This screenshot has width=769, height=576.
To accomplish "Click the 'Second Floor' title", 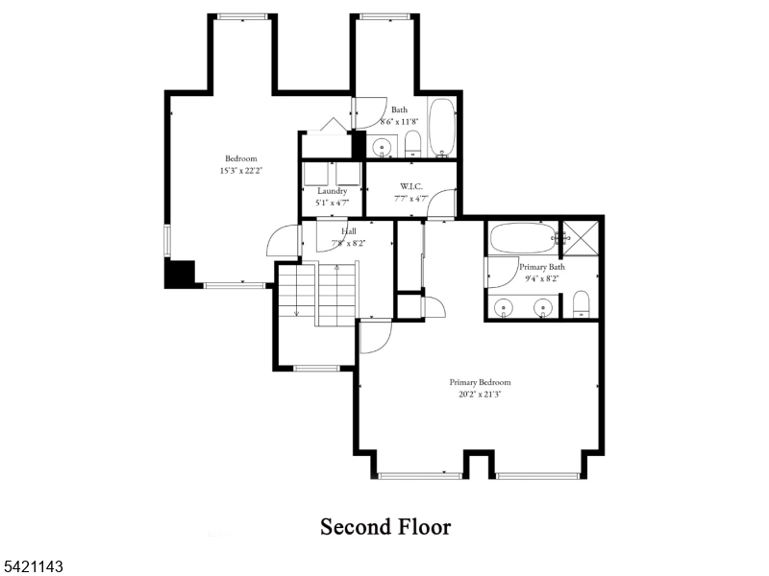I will point(384,527).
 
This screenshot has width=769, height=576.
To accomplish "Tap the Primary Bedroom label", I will point(480,382).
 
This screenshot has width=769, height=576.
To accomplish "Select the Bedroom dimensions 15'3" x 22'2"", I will point(240,170).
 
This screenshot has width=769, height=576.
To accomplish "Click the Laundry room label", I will point(332,191).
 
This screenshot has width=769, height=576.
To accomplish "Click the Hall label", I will point(347,231).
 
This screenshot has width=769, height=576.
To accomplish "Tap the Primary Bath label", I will point(541,266).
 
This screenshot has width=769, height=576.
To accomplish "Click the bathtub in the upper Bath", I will point(442,128).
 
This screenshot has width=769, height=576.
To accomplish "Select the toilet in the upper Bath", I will point(412,145).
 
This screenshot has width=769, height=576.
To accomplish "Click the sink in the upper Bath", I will point(382,148).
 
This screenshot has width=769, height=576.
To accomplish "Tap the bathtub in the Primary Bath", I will point(520,238).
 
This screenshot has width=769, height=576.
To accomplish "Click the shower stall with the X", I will point(581,236).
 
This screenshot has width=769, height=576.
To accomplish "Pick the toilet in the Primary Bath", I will point(581,304).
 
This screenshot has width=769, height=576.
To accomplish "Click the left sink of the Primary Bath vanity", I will point(506,308).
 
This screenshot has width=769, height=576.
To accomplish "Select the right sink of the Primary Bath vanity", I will point(543,308).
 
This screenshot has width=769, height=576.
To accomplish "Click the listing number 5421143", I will point(34,567).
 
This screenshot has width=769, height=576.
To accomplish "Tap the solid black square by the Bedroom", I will point(180,273).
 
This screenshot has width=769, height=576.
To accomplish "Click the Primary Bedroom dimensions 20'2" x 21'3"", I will point(480,394).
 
